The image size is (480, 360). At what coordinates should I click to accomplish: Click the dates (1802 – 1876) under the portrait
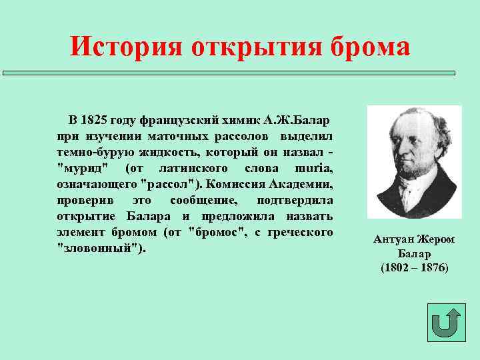[415, 267]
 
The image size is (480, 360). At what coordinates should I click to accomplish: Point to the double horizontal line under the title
[230, 73]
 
